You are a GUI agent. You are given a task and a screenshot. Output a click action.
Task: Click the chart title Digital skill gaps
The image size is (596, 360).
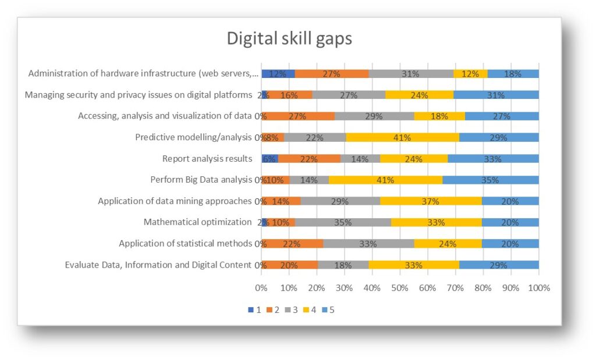click(289, 39)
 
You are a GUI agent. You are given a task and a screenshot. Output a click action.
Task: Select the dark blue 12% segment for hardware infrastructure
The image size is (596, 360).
click(278, 74)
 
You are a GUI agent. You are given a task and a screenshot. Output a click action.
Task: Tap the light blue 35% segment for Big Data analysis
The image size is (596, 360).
click(491, 180)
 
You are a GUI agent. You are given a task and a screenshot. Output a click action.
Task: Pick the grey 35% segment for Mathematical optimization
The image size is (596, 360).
click(343, 222)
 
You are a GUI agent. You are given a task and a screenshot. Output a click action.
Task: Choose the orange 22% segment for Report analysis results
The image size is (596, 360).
click(309, 159)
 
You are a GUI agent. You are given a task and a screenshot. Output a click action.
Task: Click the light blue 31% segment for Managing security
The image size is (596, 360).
click(496, 95)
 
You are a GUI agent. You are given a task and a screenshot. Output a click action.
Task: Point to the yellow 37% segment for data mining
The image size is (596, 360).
click(431, 201)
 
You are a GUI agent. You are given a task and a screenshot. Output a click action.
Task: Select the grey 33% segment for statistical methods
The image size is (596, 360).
click(368, 244)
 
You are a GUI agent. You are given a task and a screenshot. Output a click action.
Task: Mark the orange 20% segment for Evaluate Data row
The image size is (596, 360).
click(289, 265)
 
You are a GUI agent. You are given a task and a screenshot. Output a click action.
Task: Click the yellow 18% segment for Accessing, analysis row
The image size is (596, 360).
click(439, 116)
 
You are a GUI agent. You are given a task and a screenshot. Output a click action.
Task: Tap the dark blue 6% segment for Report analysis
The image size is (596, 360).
click(269, 159)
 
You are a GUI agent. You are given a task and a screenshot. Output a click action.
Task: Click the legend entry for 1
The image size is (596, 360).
click(254, 310)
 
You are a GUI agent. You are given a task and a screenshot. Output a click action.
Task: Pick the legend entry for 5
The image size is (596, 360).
click(328, 310)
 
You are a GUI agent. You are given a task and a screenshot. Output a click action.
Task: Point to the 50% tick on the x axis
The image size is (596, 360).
click(400, 287)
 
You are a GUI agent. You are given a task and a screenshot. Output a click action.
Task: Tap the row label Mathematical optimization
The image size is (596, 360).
click(197, 222)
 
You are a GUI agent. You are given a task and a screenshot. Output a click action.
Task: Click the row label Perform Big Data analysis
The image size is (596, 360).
click(201, 180)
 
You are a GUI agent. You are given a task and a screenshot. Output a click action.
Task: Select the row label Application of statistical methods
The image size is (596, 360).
click(185, 244)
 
